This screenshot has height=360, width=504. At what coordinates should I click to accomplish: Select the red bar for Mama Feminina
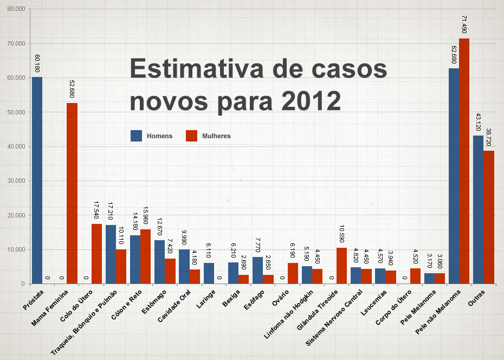(x=72, y=193)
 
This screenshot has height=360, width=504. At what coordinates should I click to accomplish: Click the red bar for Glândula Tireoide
(x=341, y=266)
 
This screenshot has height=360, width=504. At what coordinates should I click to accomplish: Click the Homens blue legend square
(x=136, y=136)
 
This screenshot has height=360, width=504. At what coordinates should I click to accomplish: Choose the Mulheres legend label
(x=216, y=136)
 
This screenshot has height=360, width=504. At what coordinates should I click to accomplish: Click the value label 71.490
(x=464, y=25)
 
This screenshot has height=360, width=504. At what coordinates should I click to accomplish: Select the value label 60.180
(x=37, y=63)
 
